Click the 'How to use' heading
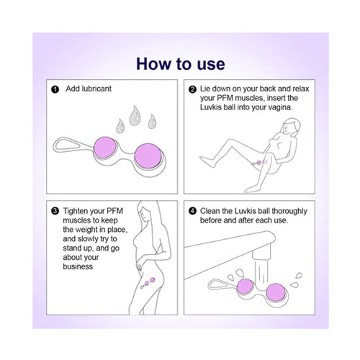click(x=181, y=64)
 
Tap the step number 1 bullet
click(x=55, y=89)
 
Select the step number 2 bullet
click(x=192, y=89)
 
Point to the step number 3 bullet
click(x=55, y=211)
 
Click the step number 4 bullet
click(x=192, y=211)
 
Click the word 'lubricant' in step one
click(x=96, y=89)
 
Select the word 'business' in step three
click(x=78, y=266)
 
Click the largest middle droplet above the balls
click(x=135, y=116)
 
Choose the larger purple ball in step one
click(x=148, y=156)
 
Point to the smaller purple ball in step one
click(x=105, y=148)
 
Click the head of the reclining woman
click(x=291, y=126)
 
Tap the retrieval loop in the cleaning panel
click(x=222, y=284)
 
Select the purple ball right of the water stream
click(x=276, y=292)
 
